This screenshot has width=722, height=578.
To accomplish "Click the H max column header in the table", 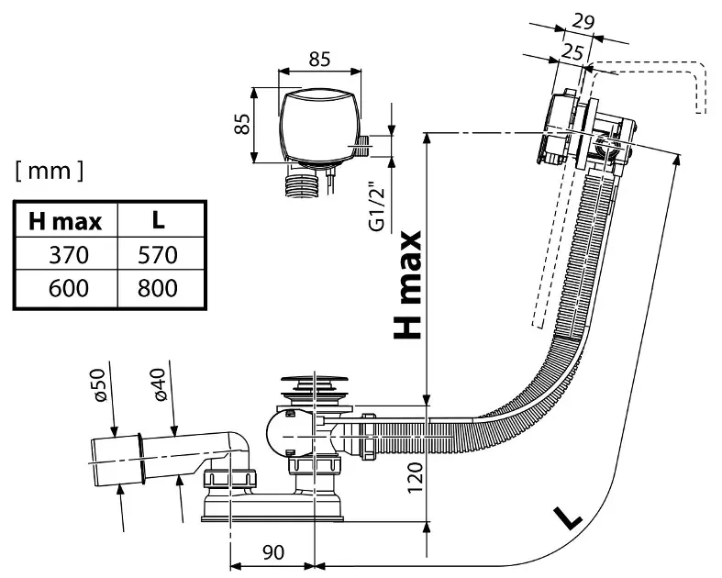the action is [65, 221].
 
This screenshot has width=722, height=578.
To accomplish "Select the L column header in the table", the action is [159, 220].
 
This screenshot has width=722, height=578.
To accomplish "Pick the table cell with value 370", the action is [69, 255].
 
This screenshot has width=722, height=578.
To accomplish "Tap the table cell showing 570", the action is [158, 255].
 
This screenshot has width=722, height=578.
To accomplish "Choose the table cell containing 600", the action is [69, 288].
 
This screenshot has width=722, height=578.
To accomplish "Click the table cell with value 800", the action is [158, 288].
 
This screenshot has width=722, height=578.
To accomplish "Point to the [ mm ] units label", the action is [50, 171].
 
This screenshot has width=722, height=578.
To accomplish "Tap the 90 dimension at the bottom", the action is [273, 552].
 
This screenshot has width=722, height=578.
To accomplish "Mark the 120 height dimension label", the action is [415, 478].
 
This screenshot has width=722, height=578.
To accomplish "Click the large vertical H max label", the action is [407, 285].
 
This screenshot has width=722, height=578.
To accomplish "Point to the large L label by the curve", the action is [567, 517].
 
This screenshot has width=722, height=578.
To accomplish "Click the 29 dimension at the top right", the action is [583, 21].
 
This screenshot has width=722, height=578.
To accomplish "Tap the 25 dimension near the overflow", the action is [572, 52].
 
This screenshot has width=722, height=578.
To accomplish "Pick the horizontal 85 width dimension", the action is [319, 59].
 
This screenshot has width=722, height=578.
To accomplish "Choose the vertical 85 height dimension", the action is [242, 124].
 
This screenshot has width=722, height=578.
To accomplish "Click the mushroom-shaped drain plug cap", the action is [315, 382].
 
